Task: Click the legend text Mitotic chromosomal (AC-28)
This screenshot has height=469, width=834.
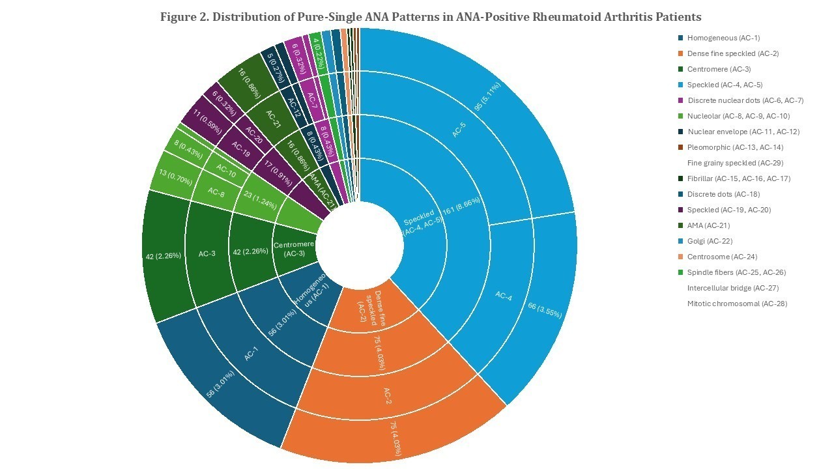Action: click(737, 304)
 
